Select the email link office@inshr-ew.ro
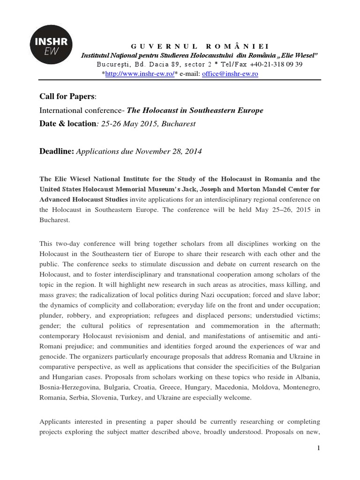230,74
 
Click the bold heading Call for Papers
67,97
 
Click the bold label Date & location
67,124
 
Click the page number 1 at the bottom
318,449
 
